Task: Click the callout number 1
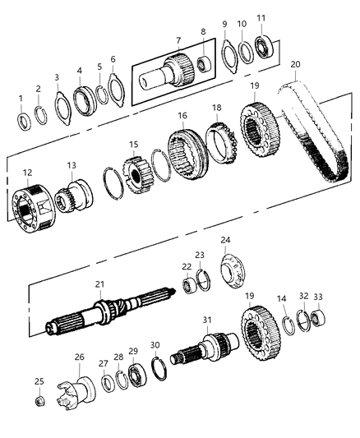pos(22,99)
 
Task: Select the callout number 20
pos(295,63)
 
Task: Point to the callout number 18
pos(216,107)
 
